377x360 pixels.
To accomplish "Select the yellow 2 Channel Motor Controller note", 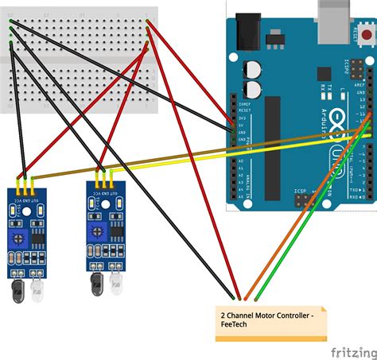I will pyautogui.click(x=270, y=323).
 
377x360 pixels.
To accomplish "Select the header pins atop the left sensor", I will pyautogui.click(x=26, y=184).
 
